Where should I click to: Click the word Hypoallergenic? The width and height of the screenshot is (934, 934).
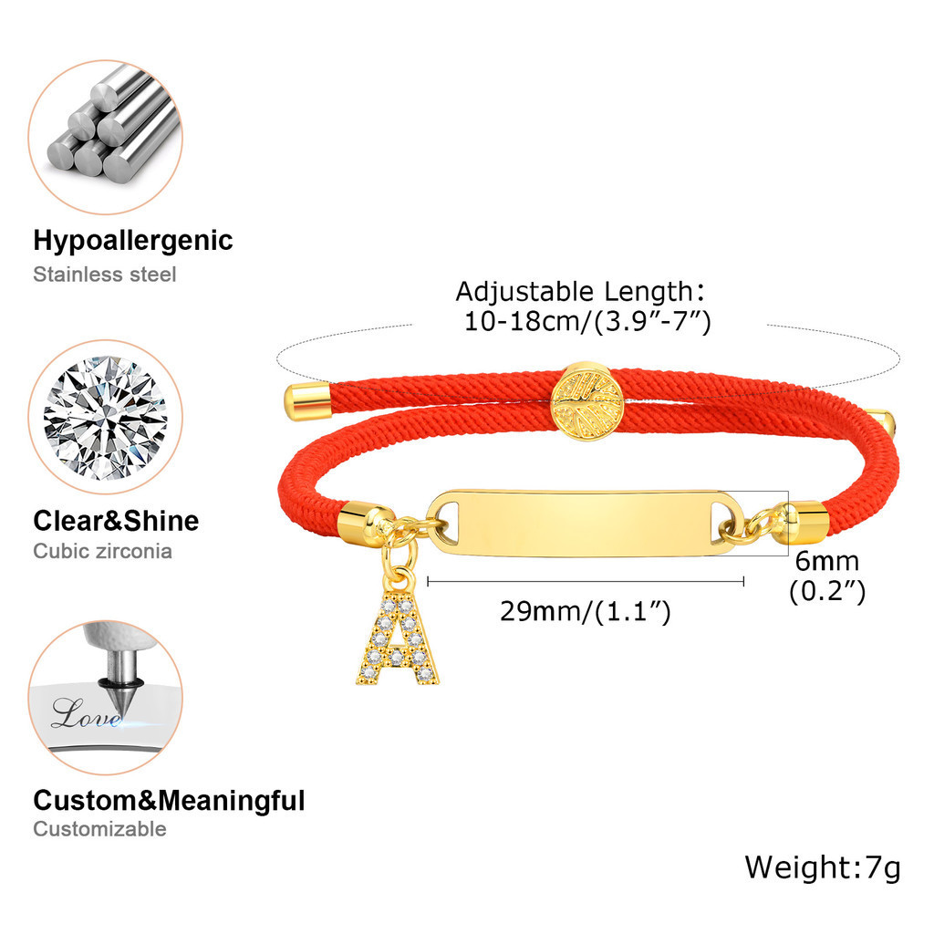point(133,242)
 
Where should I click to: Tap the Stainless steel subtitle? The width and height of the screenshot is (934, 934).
point(105,274)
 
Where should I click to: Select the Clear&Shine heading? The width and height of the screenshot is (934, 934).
point(116,521)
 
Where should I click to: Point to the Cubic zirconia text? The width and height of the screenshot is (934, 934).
point(102,551)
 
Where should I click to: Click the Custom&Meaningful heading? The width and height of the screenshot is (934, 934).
point(169,801)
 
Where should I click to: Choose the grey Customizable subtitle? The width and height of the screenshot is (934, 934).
point(99,829)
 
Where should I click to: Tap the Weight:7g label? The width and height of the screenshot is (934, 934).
point(822,867)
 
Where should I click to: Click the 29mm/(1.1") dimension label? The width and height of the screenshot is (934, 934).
point(585,611)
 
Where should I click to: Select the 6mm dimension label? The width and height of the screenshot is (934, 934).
point(825,561)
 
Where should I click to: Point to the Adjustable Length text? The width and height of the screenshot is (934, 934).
point(580,292)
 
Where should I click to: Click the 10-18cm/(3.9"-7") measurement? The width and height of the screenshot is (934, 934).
point(587,322)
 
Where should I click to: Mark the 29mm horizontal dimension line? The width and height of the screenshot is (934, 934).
point(586,580)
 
